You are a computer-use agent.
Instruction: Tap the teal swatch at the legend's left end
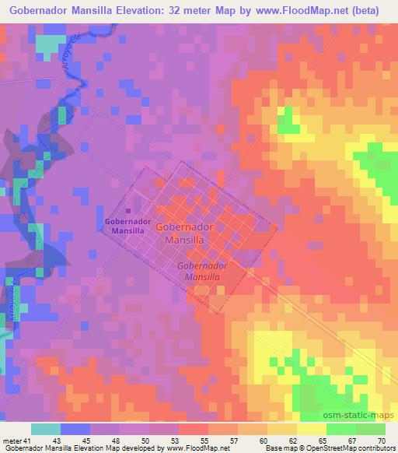click(x=46, y=429)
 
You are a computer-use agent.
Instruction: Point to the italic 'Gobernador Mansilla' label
click(x=201, y=271)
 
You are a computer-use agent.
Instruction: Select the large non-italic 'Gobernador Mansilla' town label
click(x=185, y=234)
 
